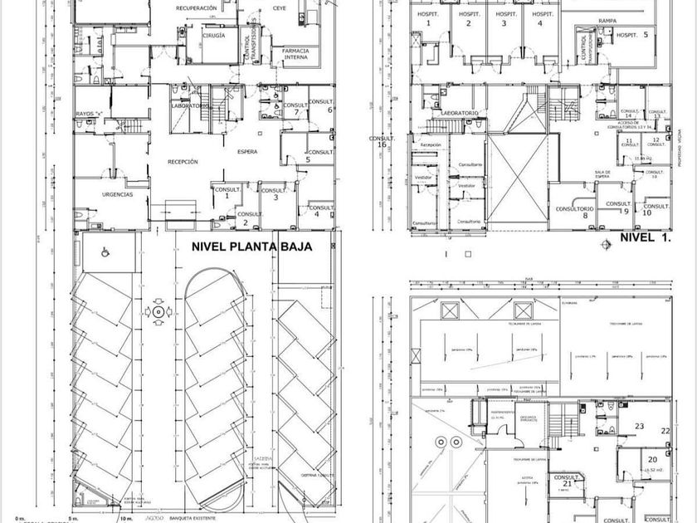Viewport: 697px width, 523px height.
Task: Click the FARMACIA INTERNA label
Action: pos(296,54)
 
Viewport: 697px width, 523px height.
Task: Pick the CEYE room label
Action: pos(279,8)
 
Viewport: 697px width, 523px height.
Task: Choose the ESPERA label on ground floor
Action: pos(246,152)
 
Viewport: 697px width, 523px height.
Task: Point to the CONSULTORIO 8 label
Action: pos(574,211)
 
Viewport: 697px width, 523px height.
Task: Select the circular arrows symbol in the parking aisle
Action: pos(158,311)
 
